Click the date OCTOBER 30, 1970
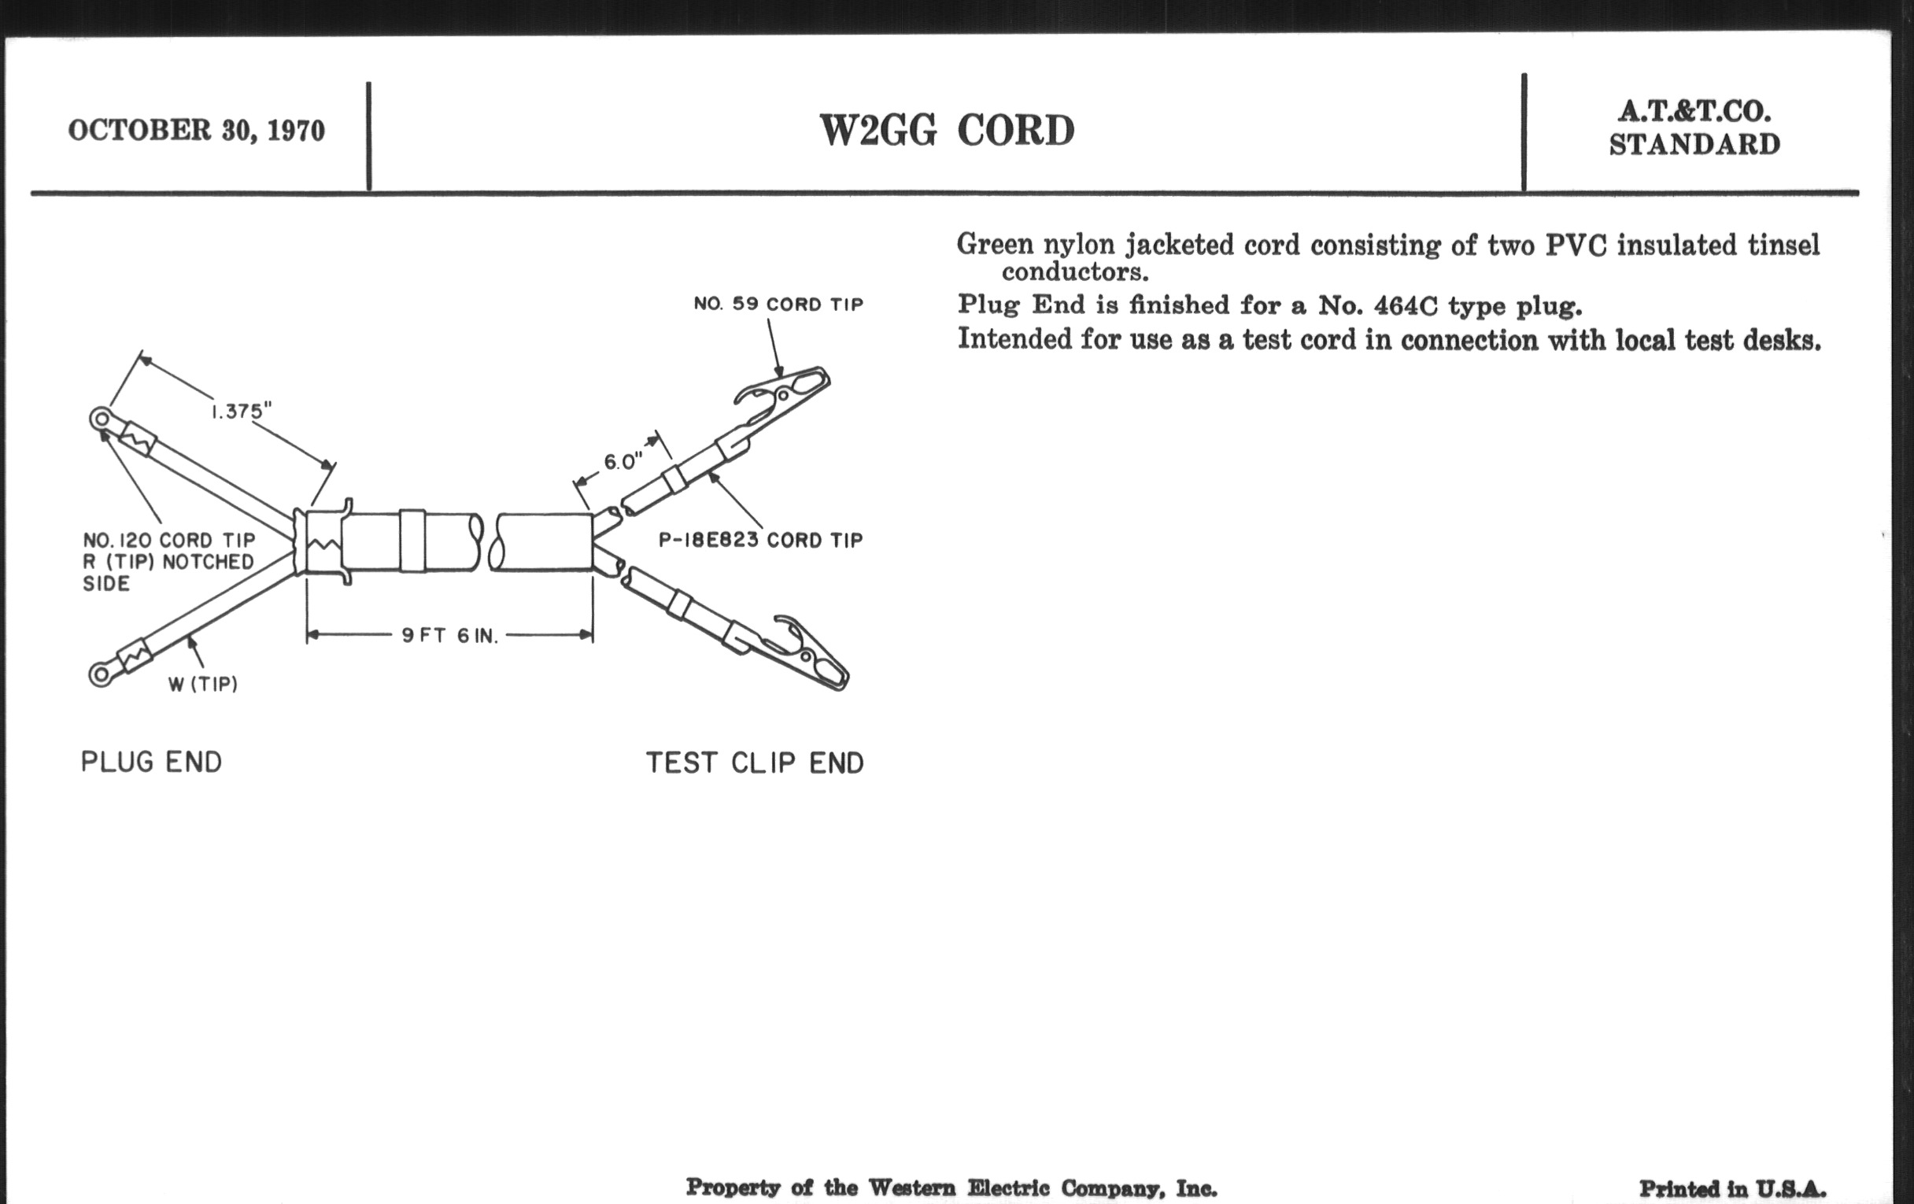pyautogui.click(x=196, y=131)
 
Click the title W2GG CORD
pyautogui.click(x=947, y=131)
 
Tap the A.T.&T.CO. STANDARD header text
pyautogui.click(x=1694, y=128)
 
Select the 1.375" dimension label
pyautogui.click(x=241, y=411)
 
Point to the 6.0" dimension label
pyautogui.click(x=623, y=462)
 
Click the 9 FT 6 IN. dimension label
pyautogui.click(x=450, y=636)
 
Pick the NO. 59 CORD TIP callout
pyautogui.click(x=778, y=305)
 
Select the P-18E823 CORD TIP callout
pyautogui.click(x=761, y=541)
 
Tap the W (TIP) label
pyautogui.click(x=203, y=685)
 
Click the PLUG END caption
pyautogui.click(x=151, y=762)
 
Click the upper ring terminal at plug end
pyautogui.click(x=101, y=418)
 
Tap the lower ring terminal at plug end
pyautogui.click(x=99, y=675)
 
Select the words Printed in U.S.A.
pyautogui.click(x=1733, y=1189)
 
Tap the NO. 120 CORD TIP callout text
pyautogui.click(x=169, y=541)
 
